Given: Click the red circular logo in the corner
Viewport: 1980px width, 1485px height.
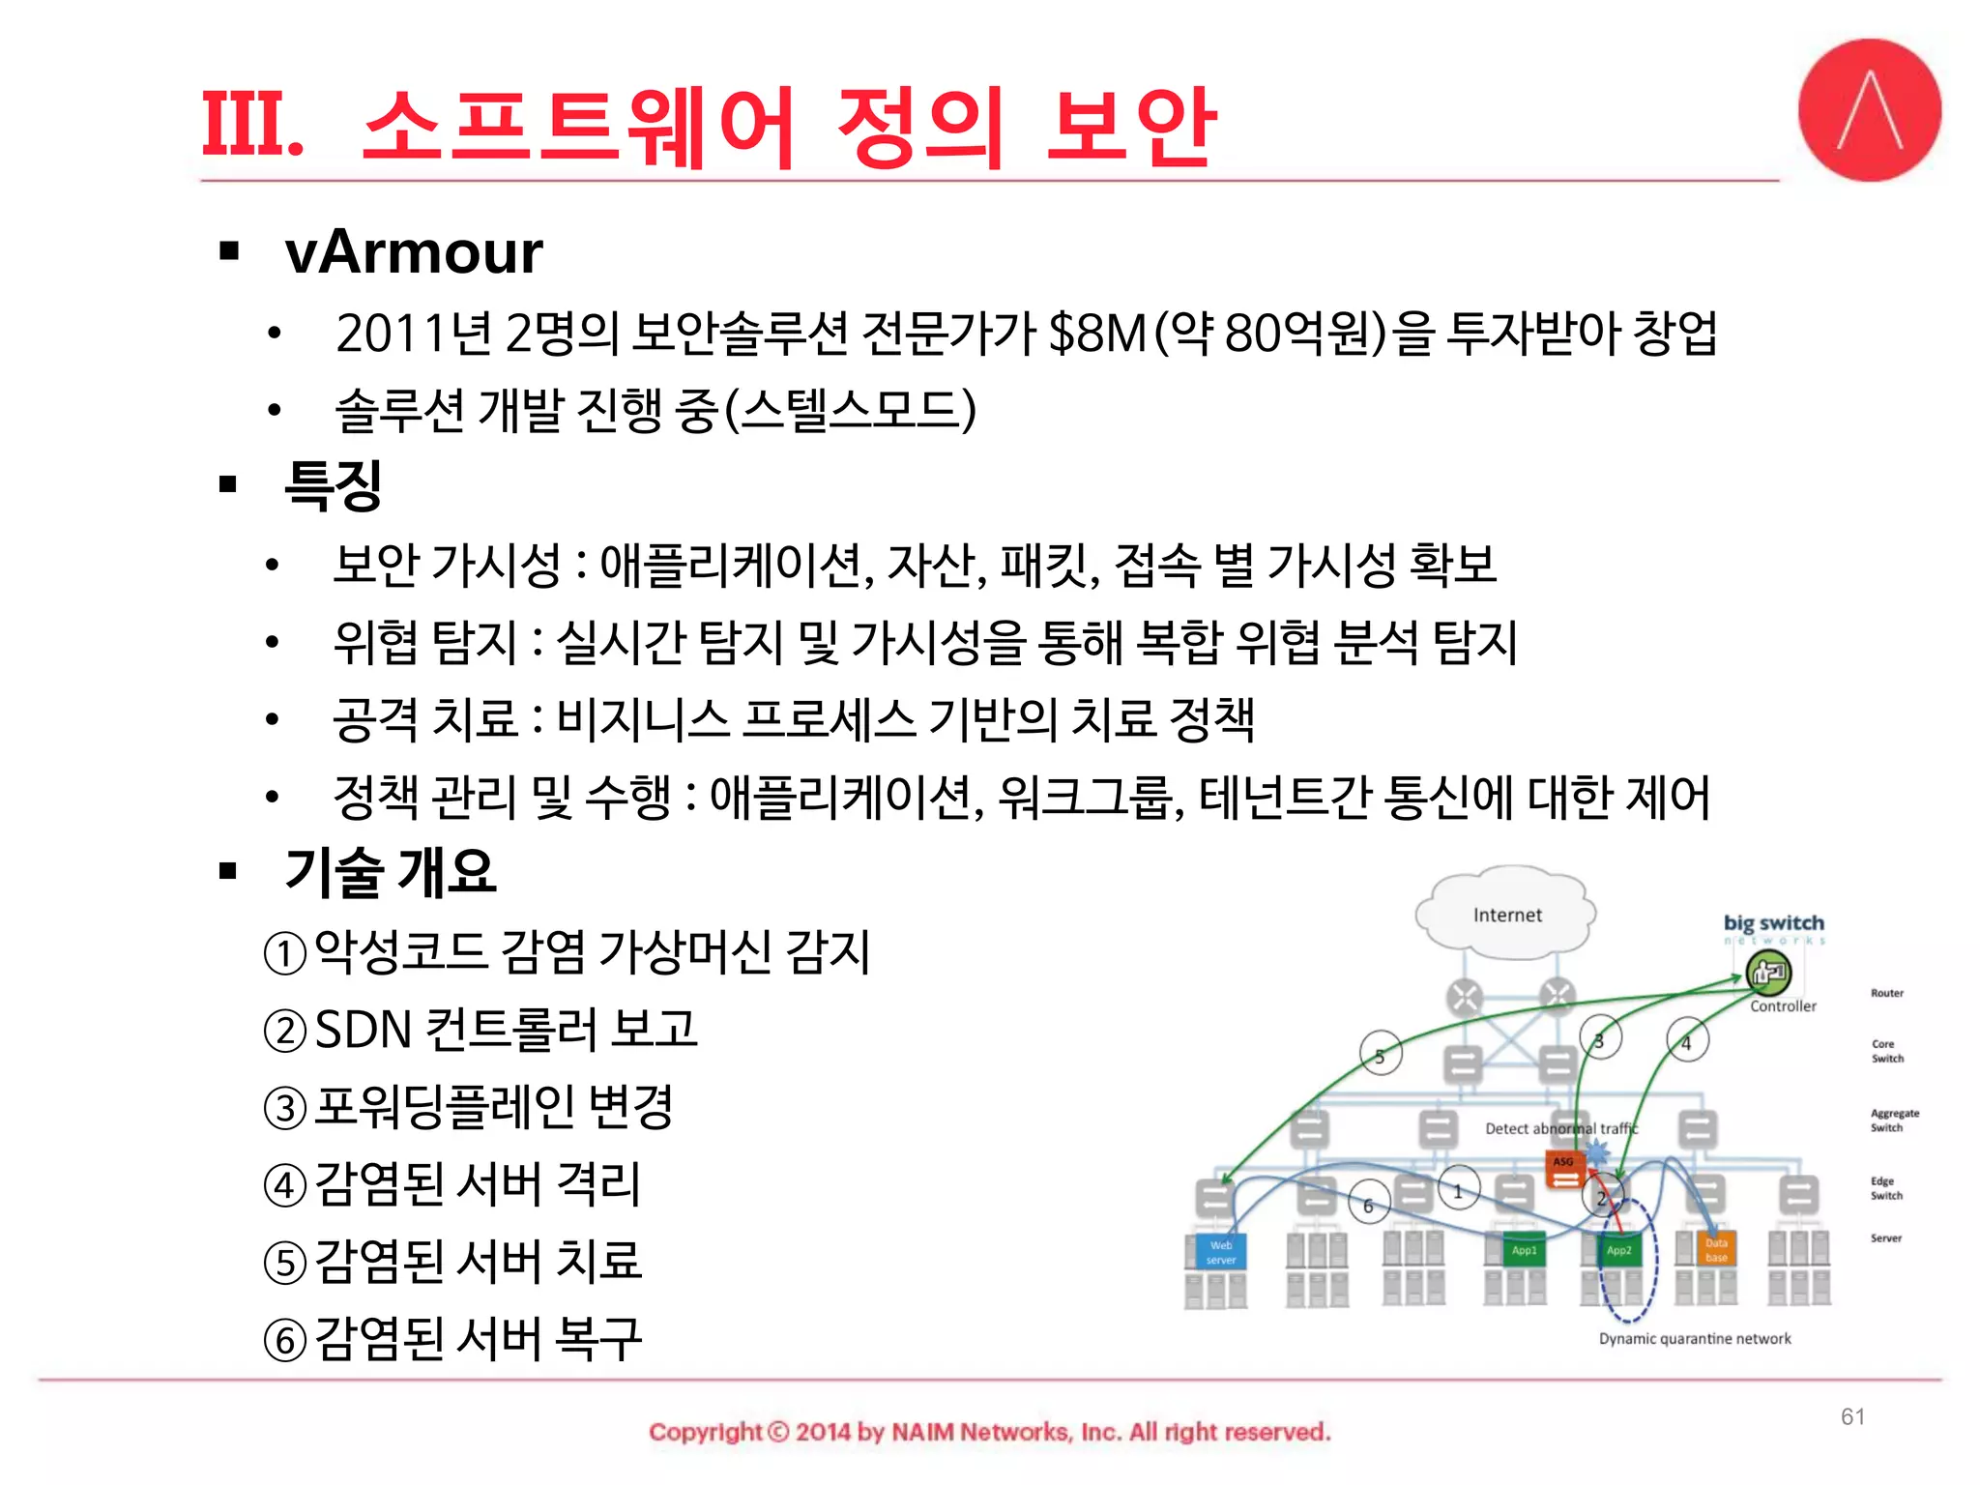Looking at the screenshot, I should (1869, 110).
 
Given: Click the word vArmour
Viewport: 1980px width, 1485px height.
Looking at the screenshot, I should (413, 253).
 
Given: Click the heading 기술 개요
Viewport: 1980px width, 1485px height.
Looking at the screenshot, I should (390, 871).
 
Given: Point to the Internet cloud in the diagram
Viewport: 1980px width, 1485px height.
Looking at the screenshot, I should (1506, 915).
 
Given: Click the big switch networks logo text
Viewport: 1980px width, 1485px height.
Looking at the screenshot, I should (1773, 924).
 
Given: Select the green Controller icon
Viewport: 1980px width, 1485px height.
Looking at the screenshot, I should (1768, 973).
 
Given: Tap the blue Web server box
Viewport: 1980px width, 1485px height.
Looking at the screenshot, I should (1220, 1252).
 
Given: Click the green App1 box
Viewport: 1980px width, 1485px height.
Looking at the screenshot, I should (1524, 1250).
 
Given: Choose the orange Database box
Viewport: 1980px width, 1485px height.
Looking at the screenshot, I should (1715, 1250).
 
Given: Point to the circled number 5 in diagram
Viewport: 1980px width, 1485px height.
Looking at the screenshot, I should (1380, 1057).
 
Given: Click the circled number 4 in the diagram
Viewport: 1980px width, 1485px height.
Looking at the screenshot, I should (1686, 1042).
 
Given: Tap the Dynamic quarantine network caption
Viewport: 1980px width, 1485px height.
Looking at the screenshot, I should (1694, 1339).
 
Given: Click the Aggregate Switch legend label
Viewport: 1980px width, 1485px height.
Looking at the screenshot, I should (1893, 1121).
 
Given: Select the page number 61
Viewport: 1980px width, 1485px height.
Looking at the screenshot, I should (1852, 1416).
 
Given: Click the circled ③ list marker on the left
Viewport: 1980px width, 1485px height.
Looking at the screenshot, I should (285, 1108).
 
